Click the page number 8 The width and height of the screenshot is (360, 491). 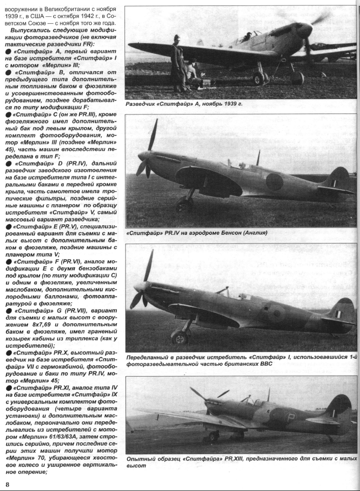(7, 483)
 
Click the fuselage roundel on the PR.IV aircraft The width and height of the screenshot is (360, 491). (274, 182)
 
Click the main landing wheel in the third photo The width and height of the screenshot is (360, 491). (179, 338)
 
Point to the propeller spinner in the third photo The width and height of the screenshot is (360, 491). (139, 288)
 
